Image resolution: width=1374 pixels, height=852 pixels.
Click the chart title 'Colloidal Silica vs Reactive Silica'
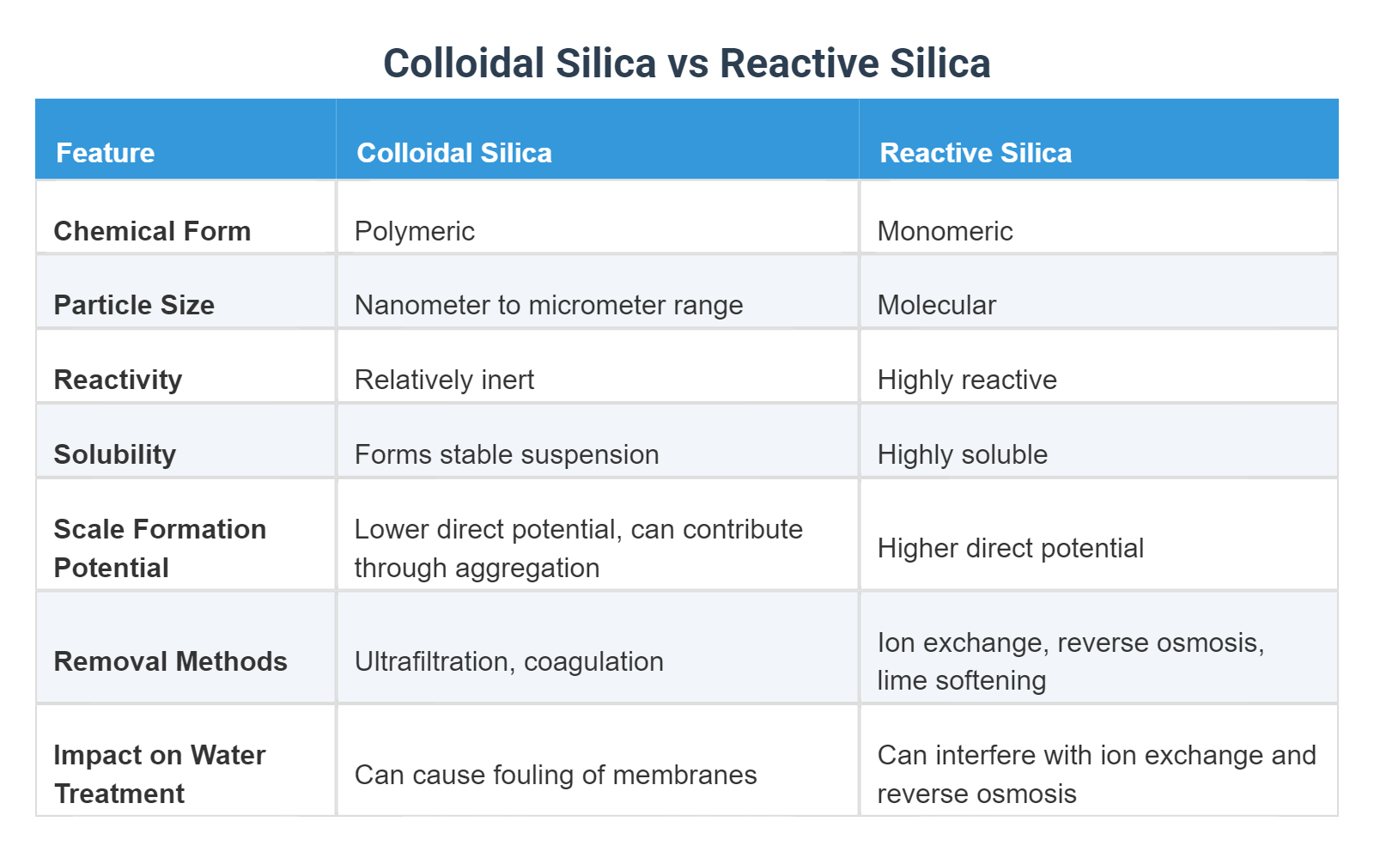click(x=686, y=64)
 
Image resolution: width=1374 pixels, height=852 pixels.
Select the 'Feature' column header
click(x=106, y=153)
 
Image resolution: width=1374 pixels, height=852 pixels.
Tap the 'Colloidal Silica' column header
click(x=454, y=153)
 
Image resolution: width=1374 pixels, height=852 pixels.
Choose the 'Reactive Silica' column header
click(x=976, y=153)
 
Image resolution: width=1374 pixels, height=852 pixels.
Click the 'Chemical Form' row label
click(x=152, y=231)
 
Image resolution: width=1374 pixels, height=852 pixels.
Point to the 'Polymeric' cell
click(x=415, y=231)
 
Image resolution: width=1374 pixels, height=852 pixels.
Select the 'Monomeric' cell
click(x=945, y=231)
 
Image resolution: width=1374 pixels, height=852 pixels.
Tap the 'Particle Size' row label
click(x=134, y=305)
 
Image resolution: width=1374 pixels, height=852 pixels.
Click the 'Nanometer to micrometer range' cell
click(x=549, y=305)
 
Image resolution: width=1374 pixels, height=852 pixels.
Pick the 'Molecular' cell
click(x=936, y=305)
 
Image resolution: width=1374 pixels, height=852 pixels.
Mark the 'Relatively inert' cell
click(x=444, y=380)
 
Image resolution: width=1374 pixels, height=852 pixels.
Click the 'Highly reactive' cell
click(x=967, y=380)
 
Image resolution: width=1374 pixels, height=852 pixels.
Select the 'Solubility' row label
click(x=115, y=454)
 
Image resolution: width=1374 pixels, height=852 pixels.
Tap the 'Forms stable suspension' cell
click(x=507, y=454)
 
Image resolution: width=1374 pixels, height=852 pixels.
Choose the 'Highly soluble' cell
click(x=962, y=454)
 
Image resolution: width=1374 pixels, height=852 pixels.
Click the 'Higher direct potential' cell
click(x=1010, y=548)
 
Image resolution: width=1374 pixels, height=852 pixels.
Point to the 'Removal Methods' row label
click(x=170, y=661)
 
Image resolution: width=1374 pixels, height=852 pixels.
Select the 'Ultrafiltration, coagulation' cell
click(x=508, y=661)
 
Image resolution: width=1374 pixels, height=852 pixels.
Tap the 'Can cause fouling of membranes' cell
click(x=556, y=775)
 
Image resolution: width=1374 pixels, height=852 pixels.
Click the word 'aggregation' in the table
click(x=527, y=568)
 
